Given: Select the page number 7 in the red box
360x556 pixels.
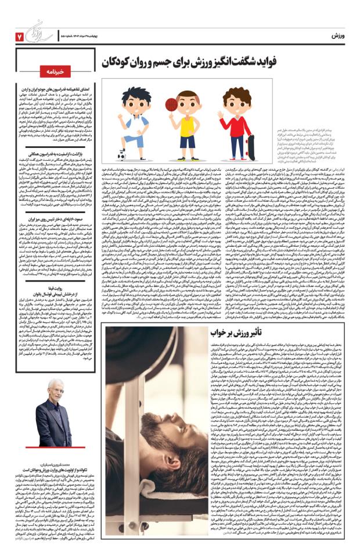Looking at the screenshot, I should (19, 36).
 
